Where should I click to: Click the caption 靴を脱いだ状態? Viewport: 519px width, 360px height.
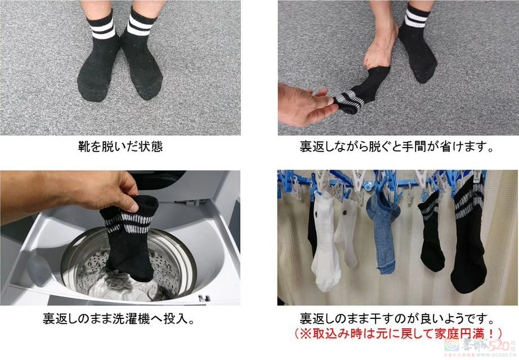coord(120,148)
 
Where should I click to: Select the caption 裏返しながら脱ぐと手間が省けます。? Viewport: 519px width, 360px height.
coord(397,148)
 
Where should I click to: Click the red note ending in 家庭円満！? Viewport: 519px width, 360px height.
coord(397,333)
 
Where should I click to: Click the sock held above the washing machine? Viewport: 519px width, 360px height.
coord(128,237)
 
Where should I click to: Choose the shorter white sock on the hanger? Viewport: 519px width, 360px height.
coord(346,237)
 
